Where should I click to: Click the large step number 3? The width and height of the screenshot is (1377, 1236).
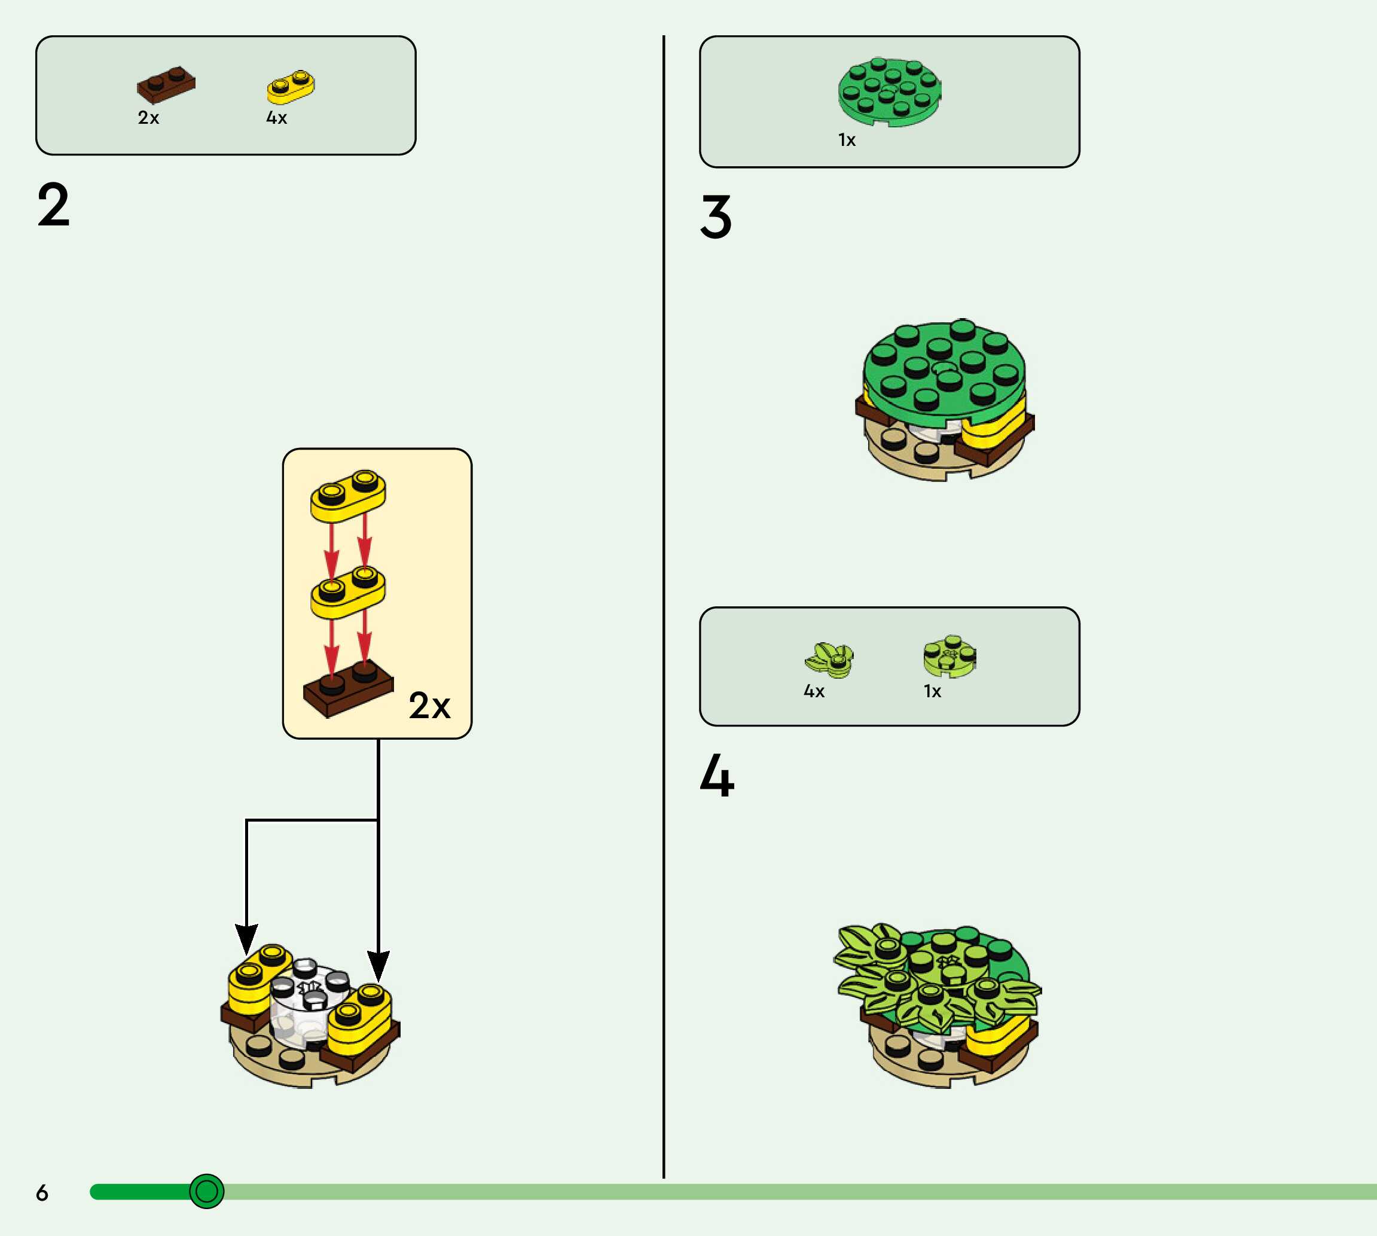pos(716,216)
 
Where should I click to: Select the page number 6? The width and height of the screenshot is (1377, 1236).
pos(42,1192)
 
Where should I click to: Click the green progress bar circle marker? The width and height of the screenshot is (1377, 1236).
pos(206,1191)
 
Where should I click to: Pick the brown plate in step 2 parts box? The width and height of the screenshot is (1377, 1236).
pos(166,84)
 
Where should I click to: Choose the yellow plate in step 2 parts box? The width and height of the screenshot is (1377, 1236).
pos(291,86)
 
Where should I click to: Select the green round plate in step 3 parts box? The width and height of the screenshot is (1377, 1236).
pos(890,91)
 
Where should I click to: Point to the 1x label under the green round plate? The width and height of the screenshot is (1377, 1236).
pos(847,140)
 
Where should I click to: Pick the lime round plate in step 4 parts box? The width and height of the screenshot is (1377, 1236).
pos(950,657)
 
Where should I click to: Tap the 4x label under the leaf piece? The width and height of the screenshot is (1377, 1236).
pos(814,691)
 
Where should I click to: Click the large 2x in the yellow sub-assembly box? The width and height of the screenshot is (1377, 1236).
pos(429,706)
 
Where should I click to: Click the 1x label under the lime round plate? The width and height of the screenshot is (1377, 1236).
pos(932,691)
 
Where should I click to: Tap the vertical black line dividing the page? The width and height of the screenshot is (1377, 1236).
pos(663,611)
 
